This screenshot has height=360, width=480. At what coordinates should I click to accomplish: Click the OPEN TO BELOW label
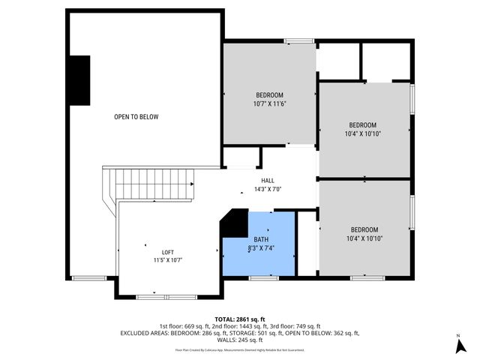(x=136, y=117)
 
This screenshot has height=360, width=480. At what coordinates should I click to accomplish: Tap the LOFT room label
(x=168, y=252)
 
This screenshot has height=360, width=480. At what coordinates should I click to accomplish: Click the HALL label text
(x=268, y=181)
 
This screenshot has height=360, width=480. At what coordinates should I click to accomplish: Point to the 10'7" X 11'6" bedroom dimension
(x=270, y=104)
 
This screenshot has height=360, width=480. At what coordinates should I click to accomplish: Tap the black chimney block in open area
(x=79, y=80)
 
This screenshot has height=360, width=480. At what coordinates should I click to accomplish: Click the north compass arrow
(x=457, y=345)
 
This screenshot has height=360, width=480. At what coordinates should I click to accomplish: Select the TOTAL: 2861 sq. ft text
(x=240, y=319)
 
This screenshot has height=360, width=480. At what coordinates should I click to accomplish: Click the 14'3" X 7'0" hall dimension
(x=268, y=190)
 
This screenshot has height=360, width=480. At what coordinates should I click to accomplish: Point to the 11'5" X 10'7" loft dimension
(x=168, y=260)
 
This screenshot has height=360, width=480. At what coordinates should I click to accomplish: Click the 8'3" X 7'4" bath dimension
(x=261, y=247)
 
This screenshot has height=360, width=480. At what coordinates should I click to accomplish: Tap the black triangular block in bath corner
(x=235, y=223)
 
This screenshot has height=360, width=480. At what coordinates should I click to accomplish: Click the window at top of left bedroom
(x=298, y=40)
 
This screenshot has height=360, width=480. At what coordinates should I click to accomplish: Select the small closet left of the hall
(x=241, y=157)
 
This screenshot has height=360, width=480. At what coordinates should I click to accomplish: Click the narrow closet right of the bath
(x=307, y=243)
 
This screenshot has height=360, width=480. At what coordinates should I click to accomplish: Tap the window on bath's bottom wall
(x=263, y=277)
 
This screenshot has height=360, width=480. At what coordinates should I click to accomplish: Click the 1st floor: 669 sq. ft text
(x=183, y=326)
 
